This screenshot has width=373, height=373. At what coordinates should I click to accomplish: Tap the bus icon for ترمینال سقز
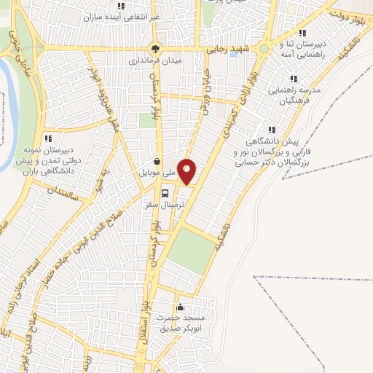[x=166, y=193]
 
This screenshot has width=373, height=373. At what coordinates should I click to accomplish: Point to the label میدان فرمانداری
[x=154, y=61]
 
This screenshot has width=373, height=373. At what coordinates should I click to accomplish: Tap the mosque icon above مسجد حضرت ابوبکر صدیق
[x=180, y=307]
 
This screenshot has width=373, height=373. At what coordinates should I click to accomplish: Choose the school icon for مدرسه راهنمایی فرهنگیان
[x=294, y=79]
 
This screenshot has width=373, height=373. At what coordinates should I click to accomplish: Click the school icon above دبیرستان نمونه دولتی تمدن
[x=48, y=138]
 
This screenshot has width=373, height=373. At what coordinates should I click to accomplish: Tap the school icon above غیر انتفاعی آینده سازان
[x=121, y=6]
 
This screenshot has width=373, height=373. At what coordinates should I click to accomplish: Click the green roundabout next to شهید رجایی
[x=264, y=50]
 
